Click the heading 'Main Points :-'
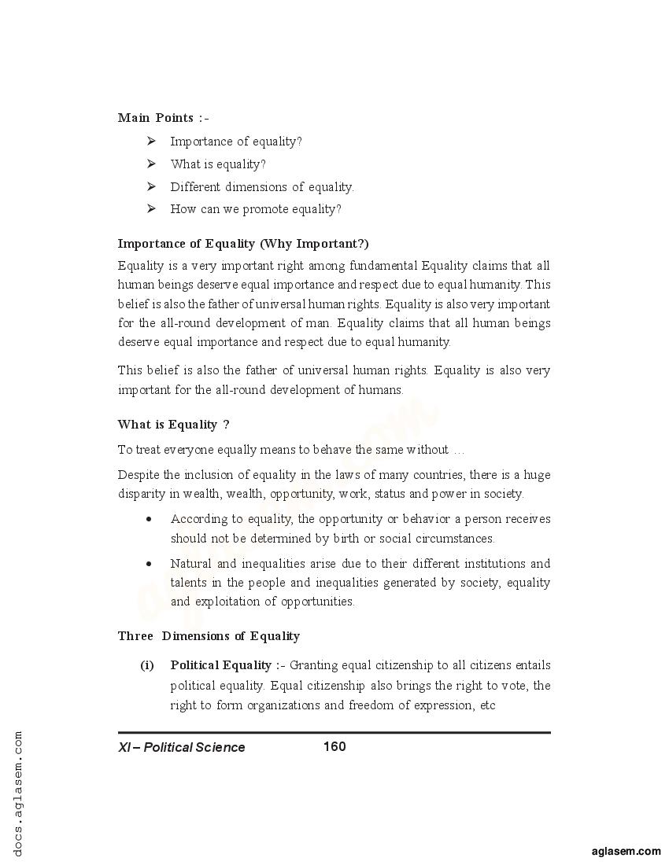(x=163, y=118)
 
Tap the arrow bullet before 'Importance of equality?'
(x=151, y=142)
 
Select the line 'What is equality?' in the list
(x=218, y=164)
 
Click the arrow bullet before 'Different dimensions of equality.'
(x=151, y=186)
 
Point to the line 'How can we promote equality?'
(x=256, y=209)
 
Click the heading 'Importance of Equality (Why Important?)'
(x=242, y=244)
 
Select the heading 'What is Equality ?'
(x=173, y=425)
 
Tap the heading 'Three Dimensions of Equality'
(x=209, y=636)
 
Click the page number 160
(x=334, y=746)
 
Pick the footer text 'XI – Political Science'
(x=182, y=747)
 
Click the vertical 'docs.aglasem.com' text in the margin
(x=18, y=793)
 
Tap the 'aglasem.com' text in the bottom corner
(x=626, y=851)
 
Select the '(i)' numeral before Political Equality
(x=147, y=666)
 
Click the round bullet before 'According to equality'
(x=149, y=520)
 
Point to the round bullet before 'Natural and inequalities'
(x=149, y=564)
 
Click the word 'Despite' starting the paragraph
(x=137, y=475)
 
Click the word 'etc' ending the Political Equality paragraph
(x=487, y=705)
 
